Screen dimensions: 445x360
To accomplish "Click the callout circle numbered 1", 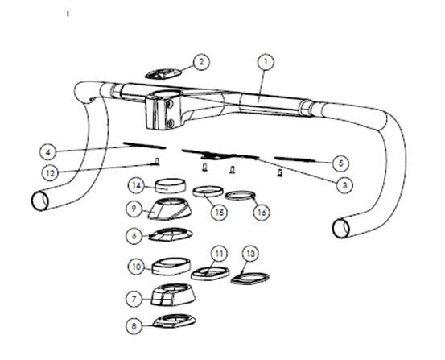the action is [x=266, y=62].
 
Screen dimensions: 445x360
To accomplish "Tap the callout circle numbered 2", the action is [x=201, y=62].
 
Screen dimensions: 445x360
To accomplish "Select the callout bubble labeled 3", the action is [x=344, y=185].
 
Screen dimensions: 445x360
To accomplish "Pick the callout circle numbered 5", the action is [x=341, y=163].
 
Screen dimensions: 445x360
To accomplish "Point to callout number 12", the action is [x=50, y=173].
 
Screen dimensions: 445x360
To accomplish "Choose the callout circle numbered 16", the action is [x=262, y=213].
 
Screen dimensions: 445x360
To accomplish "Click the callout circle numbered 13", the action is [x=250, y=254].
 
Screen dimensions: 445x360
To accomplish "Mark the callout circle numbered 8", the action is [x=134, y=325].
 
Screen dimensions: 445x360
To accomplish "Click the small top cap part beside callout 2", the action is [x=163, y=74].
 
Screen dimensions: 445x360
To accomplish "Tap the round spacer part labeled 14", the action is [x=171, y=186].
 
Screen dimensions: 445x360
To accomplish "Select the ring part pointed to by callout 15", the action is [x=208, y=192].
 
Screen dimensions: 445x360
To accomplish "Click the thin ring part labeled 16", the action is [x=241, y=196].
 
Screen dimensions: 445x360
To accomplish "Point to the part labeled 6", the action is [x=171, y=234].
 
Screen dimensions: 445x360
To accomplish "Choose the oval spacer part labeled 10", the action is [x=171, y=267].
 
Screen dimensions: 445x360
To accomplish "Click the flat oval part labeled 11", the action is [x=210, y=274].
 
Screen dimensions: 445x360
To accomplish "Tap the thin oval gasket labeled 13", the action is [x=249, y=278].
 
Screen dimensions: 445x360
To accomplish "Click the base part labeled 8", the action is [x=175, y=321].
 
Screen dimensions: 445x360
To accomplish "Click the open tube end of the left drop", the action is [x=39, y=201].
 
